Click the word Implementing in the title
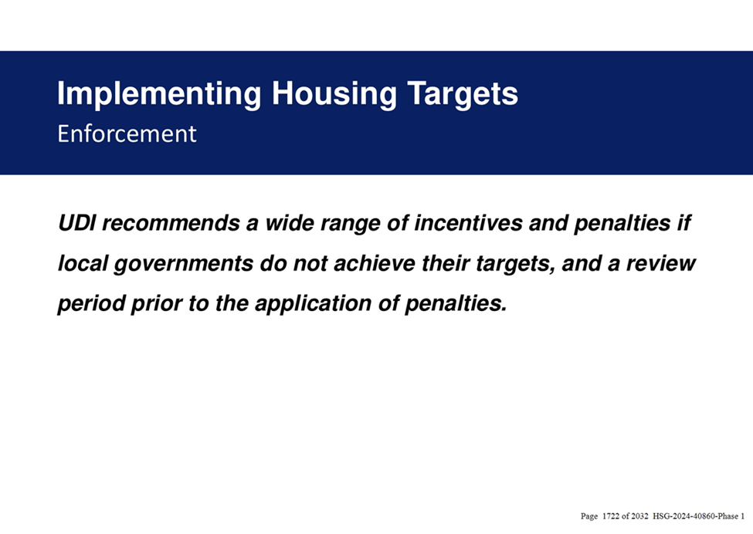(x=159, y=94)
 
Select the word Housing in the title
(x=334, y=94)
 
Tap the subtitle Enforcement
(x=127, y=133)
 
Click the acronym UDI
(x=76, y=223)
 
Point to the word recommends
(x=171, y=223)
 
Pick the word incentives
(x=468, y=223)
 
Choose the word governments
(x=184, y=264)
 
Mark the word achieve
(x=374, y=263)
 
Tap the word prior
(x=157, y=304)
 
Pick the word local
(x=83, y=263)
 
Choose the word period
(x=91, y=304)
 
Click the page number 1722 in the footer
(x=610, y=516)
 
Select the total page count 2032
(x=639, y=516)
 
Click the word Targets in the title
(x=463, y=94)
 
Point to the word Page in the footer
(x=589, y=517)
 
